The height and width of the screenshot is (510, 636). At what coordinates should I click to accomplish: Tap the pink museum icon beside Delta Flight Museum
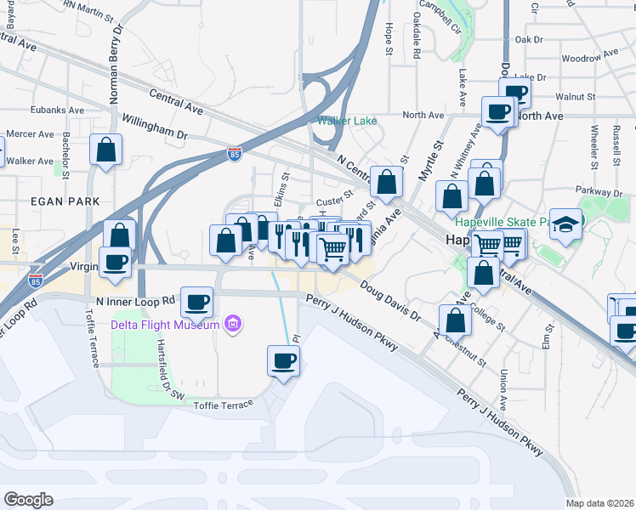(x=231, y=324)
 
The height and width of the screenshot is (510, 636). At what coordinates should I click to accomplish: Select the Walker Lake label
(x=347, y=121)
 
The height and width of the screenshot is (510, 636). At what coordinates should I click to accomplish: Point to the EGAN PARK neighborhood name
(x=65, y=201)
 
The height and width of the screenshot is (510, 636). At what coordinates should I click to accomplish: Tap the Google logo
(x=28, y=499)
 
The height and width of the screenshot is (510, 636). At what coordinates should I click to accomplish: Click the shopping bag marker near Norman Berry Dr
(x=106, y=150)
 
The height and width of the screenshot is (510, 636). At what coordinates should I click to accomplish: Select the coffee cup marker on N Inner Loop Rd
(x=197, y=301)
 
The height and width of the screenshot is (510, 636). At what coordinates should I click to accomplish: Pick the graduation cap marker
(x=565, y=224)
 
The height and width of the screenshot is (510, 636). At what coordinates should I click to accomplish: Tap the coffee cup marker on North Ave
(x=497, y=110)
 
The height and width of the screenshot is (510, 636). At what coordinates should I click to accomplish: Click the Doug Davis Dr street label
(x=389, y=303)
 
